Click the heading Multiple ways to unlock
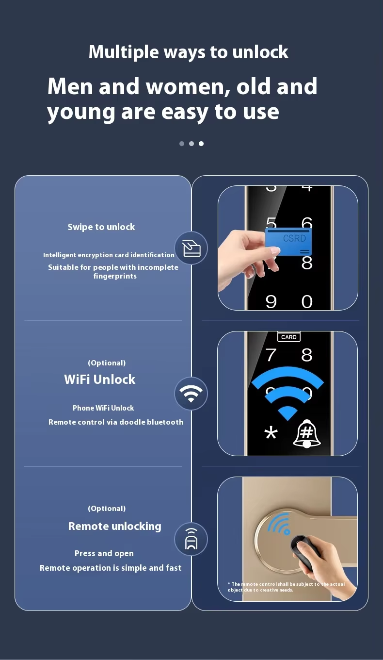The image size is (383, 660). pyautogui.click(x=189, y=52)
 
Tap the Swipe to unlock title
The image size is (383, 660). pyautogui.click(x=101, y=227)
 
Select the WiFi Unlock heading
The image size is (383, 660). pyautogui.click(x=99, y=379)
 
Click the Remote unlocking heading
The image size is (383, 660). pyautogui.click(x=114, y=526)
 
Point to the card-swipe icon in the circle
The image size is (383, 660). pyautogui.click(x=191, y=248)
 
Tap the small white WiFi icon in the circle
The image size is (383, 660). pyautogui.click(x=191, y=394)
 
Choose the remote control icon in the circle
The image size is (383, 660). pyautogui.click(x=191, y=539)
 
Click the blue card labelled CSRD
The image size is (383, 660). pyautogui.click(x=288, y=242)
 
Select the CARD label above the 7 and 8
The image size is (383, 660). pyautogui.click(x=289, y=337)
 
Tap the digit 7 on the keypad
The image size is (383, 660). pyautogui.click(x=271, y=355)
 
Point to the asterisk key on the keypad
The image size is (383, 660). pyautogui.click(x=271, y=433)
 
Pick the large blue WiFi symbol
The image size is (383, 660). pyautogui.click(x=287, y=393)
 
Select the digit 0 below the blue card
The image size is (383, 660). pyautogui.click(x=307, y=302)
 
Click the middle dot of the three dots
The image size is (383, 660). pyautogui.click(x=191, y=144)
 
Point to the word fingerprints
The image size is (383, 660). pyautogui.click(x=115, y=277)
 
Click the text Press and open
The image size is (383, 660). pyautogui.click(x=104, y=554)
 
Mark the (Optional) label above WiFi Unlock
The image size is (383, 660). pyautogui.click(x=107, y=363)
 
